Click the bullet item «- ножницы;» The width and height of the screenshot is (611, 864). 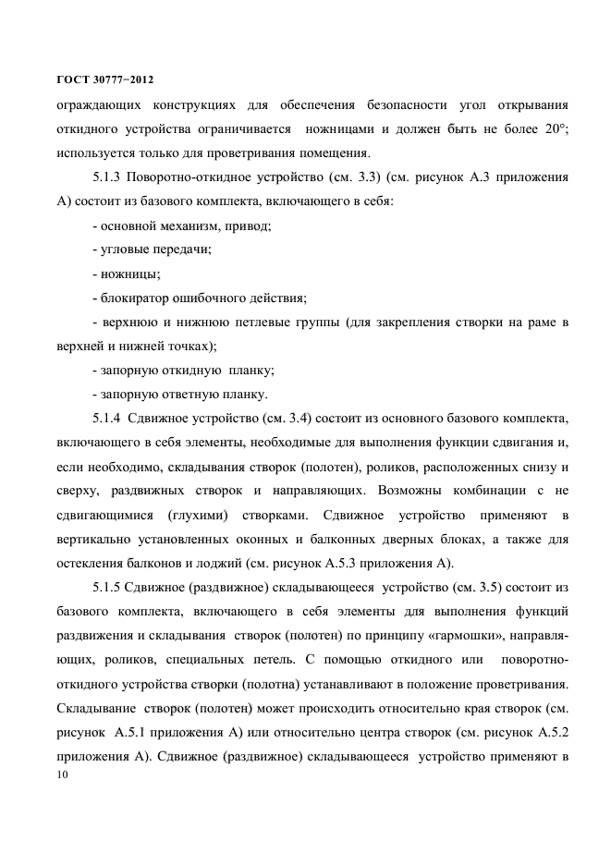[x=128, y=274]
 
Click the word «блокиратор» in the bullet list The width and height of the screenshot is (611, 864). [x=142, y=298]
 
